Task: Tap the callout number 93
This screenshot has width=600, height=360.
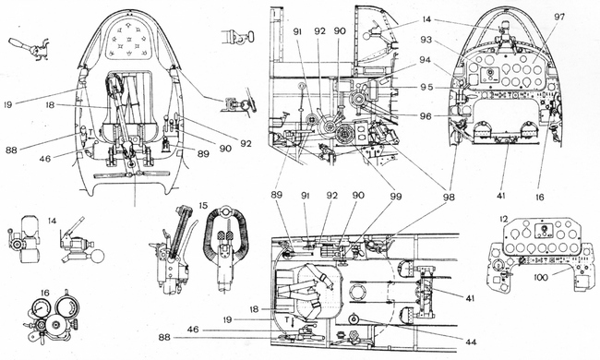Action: [425, 40]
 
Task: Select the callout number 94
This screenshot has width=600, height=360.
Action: [425, 60]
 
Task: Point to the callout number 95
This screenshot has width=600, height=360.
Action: [426, 87]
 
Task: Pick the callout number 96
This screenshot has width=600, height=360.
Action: [426, 115]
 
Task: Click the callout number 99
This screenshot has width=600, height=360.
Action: [396, 197]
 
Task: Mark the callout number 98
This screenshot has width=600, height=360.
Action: [449, 198]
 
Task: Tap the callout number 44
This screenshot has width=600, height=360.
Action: [471, 342]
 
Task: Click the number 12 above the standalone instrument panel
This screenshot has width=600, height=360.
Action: [504, 220]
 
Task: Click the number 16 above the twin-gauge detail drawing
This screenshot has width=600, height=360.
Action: [44, 293]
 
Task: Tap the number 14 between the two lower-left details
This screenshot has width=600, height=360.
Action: [52, 221]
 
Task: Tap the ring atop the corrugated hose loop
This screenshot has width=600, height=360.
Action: [226, 210]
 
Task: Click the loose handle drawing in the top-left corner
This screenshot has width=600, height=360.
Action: [30, 49]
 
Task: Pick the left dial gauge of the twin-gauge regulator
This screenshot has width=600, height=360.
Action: [38, 308]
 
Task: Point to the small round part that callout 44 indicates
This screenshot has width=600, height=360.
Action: [352, 318]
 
